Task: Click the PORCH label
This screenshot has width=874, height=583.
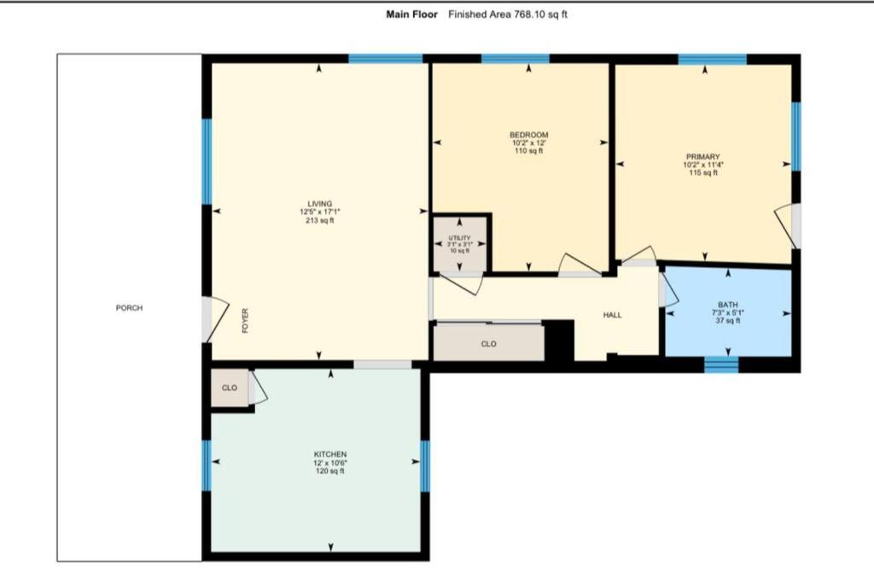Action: tap(129, 307)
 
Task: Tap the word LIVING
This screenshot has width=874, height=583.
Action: tap(320, 204)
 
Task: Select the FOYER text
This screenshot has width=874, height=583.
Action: tap(245, 320)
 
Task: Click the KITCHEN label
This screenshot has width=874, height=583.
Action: tap(330, 455)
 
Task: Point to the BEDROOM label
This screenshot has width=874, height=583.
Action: tap(529, 135)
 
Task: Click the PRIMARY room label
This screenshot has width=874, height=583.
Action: tap(703, 157)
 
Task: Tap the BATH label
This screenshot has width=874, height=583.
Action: tap(728, 305)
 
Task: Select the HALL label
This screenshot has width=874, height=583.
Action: tap(612, 315)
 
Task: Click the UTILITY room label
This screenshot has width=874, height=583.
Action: tap(459, 238)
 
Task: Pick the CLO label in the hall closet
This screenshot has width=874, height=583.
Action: tap(489, 344)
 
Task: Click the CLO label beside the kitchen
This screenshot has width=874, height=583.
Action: tap(230, 388)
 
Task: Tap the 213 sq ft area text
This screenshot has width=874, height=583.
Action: tap(320, 220)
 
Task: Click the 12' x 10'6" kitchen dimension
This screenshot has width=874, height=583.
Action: tap(330, 463)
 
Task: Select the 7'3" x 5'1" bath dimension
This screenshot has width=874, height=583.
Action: tap(728, 312)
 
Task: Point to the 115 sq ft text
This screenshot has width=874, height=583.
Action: tap(703, 172)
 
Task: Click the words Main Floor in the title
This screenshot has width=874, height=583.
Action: tap(412, 15)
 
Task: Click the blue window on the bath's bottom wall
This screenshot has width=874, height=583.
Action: tap(721, 365)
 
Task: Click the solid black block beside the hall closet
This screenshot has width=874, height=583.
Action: tap(558, 340)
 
